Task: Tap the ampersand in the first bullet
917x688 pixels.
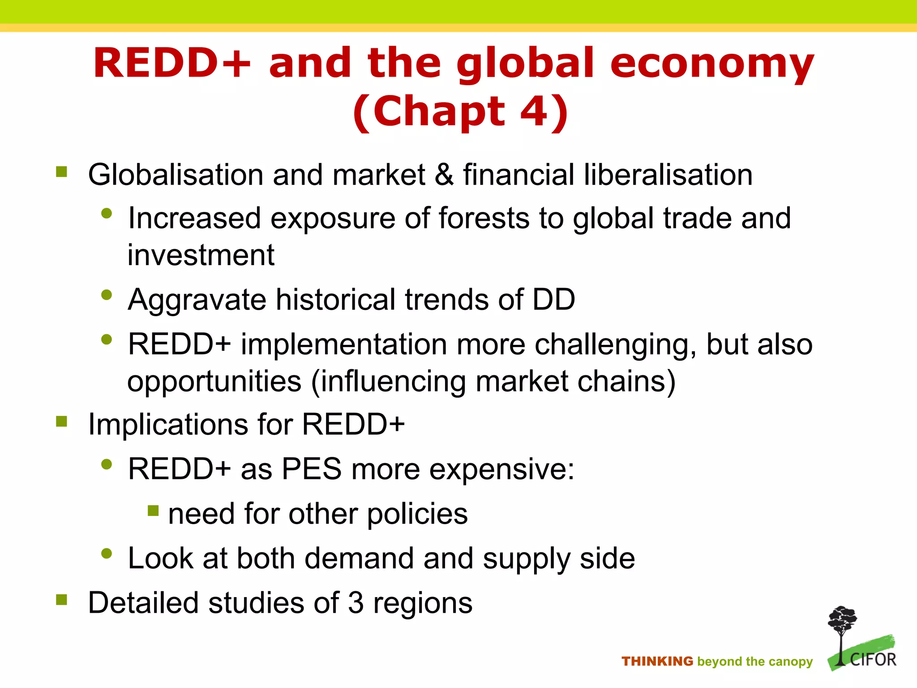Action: coord(444,175)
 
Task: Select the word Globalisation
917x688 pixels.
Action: coord(176,175)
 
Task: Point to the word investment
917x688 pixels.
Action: coord(201,255)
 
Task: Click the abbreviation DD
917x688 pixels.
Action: coord(553,299)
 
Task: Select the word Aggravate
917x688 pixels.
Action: coord(197,300)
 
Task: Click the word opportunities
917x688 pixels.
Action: coord(214,382)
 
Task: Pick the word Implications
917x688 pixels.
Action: coord(168,425)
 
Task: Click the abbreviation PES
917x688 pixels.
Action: coord(312,469)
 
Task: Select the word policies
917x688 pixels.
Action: coord(417,514)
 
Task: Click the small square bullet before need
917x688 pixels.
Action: coord(153,511)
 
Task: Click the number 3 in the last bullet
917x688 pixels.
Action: coord(356,603)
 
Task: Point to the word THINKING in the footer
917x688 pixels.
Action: coord(657,661)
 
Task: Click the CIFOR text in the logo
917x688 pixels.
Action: coord(873,660)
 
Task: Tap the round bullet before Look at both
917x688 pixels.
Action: coord(107,554)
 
